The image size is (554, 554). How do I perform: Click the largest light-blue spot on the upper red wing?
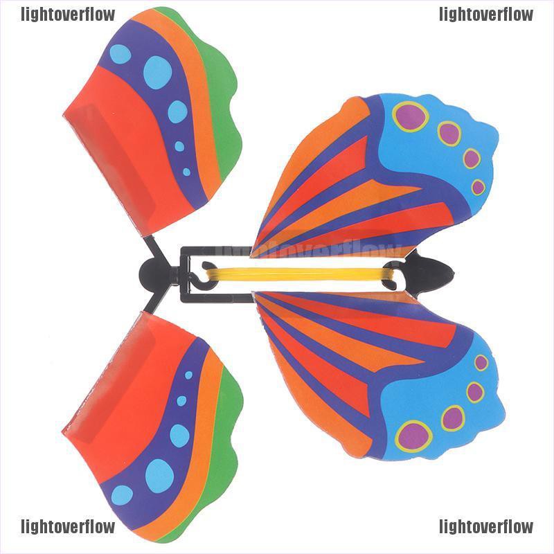pos(157,72)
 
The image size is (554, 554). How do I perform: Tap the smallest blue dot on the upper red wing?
pos(186,171)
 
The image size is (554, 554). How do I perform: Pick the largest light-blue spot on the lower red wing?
pos(159,475)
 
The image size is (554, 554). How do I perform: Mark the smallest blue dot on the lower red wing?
pos(188,375)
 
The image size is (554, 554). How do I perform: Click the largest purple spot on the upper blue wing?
pos(411,116)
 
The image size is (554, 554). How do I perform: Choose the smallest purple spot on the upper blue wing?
pos(479,187)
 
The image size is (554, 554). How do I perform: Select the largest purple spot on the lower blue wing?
pos(414,436)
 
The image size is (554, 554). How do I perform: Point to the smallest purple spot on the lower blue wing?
pos(481,362)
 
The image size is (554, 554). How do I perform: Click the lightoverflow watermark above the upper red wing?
pos(68,14)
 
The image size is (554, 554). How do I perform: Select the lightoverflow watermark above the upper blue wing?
pos(486,14)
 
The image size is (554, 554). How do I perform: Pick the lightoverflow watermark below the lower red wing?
pos(68,526)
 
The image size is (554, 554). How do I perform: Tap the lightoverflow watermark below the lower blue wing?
pos(486,526)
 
